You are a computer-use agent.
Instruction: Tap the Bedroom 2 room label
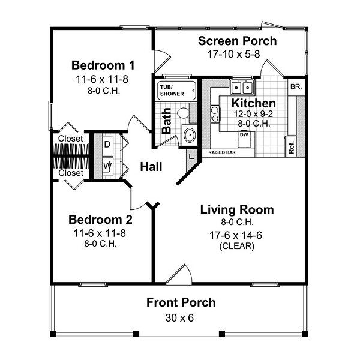(100, 218)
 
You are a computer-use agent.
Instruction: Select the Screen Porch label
(238, 41)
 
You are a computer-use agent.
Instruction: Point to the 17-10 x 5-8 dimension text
(238, 53)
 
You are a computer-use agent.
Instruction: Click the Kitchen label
(253, 103)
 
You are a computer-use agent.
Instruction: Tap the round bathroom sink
(190, 134)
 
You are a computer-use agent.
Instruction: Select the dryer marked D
(107, 145)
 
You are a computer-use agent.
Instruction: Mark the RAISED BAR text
(221, 152)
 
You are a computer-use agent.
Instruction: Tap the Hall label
(152, 167)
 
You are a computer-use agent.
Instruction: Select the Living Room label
(236, 209)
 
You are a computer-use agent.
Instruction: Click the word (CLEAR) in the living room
(237, 245)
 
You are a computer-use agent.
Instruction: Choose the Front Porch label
(181, 302)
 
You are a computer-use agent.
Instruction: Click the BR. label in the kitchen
(295, 86)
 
